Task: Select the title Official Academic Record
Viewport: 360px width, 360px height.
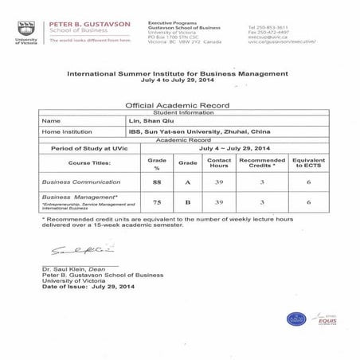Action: (179, 104)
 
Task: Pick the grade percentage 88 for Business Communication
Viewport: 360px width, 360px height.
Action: (158, 182)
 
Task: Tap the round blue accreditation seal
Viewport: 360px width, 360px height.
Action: (297, 318)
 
